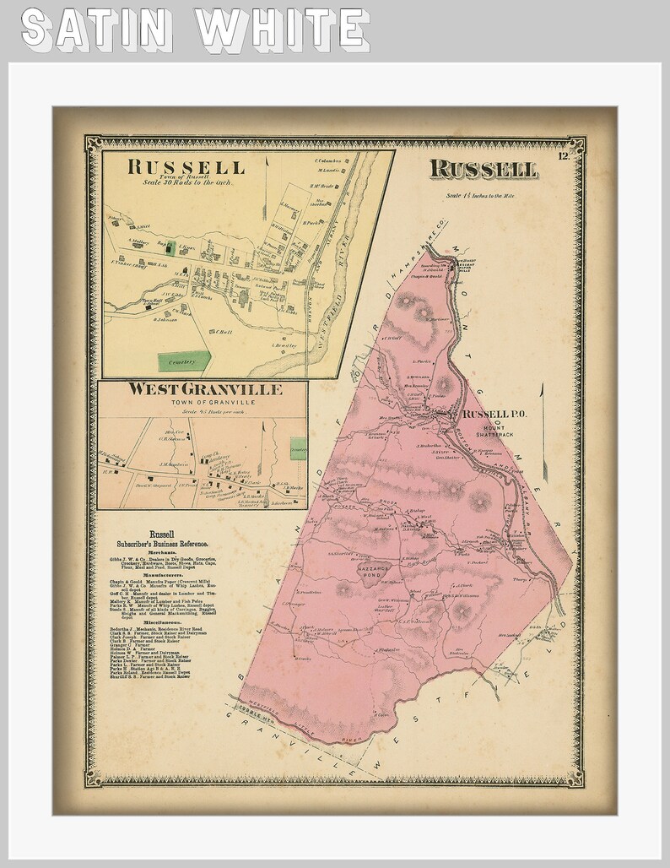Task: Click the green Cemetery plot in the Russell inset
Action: [185, 361]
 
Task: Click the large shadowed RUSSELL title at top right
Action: [483, 169]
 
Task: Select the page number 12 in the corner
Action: [563, 153]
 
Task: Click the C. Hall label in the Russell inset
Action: [224, 331]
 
